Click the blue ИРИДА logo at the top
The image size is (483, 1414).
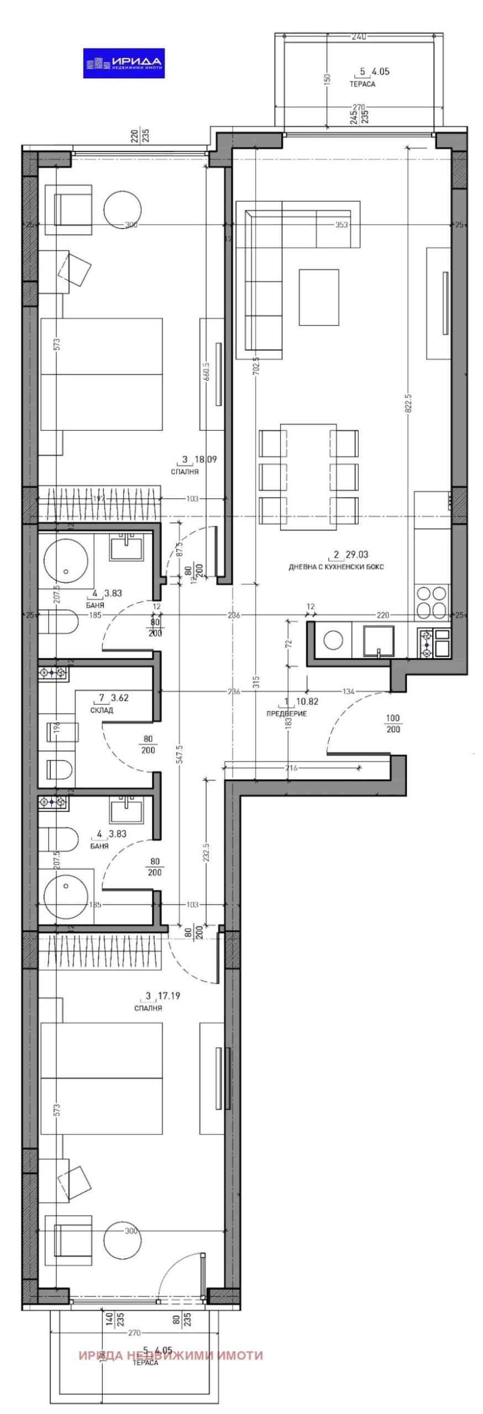pos(124,63)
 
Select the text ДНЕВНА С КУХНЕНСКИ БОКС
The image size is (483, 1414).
pos(335,567)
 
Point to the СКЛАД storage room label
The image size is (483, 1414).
pos(102,710)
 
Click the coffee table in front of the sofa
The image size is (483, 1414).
pos(319,297)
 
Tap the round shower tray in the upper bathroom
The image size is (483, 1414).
pos(65,561)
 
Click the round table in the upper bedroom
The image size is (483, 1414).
pos(123,209)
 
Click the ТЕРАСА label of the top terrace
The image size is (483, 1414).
pos(362,84)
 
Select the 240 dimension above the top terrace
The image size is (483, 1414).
pos(359,38)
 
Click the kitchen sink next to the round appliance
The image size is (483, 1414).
pos(379,641)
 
